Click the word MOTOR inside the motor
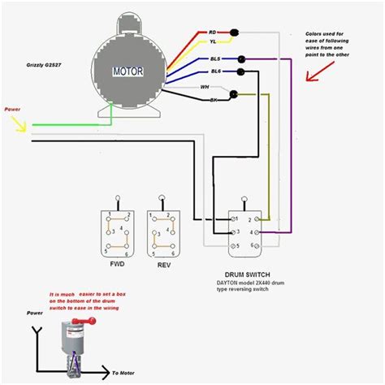tap(127, 71)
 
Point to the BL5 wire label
tap(215, 59)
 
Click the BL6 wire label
tap(215, 72)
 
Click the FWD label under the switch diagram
tap(118, 265)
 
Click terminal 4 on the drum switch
tap(253, 233)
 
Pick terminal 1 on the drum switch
tap(233, 218)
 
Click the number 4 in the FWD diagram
tap(122, 230)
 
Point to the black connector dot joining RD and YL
tap(234, 34)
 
